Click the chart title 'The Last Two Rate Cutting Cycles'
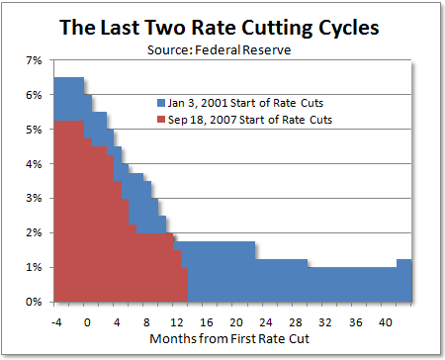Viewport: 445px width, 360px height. coord(222,27)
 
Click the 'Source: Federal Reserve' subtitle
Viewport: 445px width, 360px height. coord(222,46)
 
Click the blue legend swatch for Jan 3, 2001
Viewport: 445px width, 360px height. coord(161,103)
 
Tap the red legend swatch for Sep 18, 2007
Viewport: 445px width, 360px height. coord(161,119)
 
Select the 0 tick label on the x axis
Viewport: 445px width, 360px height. coord(87,320)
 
